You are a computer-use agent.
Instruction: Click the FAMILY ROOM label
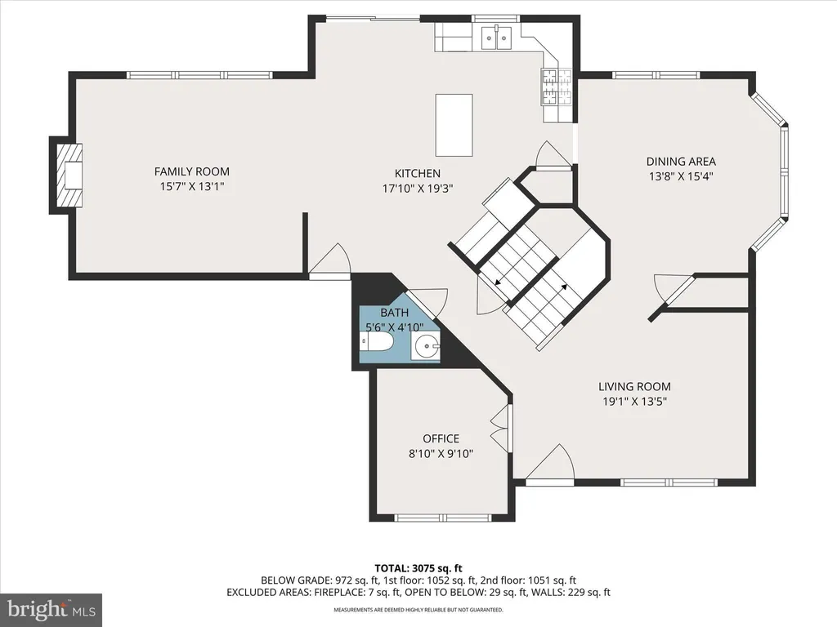191,171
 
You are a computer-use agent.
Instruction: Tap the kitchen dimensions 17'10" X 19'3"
418,189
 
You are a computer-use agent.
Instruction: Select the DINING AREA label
681,162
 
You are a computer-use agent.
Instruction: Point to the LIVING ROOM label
634,386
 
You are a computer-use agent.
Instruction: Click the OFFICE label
441,438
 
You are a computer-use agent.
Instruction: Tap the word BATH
395,313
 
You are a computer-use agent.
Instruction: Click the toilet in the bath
376,342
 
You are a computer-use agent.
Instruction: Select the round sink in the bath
427,347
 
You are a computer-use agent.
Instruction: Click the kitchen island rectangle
454,125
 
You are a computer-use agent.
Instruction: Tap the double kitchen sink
496,38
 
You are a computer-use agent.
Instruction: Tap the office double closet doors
500,429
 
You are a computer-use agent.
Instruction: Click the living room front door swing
550,463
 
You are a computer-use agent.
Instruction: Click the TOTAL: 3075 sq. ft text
418,568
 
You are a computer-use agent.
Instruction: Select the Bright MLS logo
51,609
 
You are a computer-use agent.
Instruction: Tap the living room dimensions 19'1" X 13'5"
634,402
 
